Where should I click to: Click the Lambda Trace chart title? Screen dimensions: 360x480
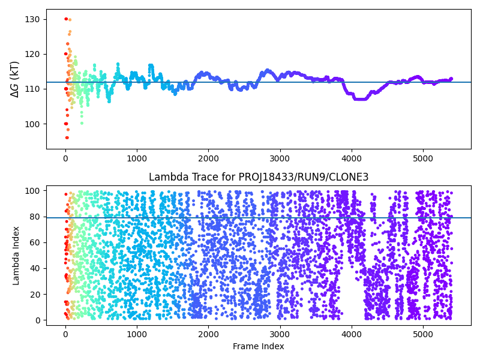[x=259, y=177]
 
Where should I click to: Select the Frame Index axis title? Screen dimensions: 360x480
[x=259, y=346]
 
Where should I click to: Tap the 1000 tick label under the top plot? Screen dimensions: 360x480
[x=137, y=158]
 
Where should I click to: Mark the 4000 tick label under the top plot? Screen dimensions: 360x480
[x=352, y=158]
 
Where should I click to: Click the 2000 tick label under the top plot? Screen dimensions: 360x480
[x=208, y=158]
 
